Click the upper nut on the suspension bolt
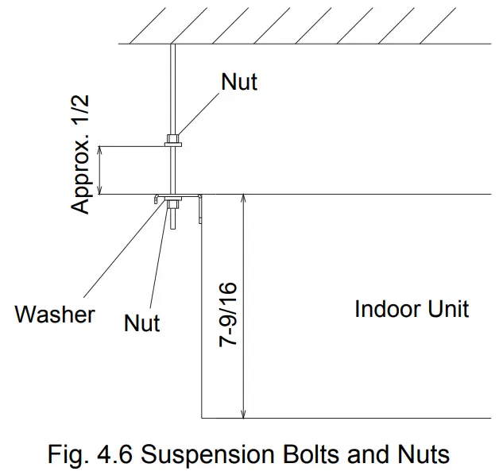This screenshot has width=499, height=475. click(172, 143)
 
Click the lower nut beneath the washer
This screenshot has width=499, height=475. click(172, 208)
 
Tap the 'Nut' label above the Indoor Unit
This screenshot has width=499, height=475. click(239, 82)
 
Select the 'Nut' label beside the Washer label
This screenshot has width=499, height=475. click(142, 322)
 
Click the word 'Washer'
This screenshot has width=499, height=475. click(55, 314)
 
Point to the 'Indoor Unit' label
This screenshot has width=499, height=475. click(412, 308)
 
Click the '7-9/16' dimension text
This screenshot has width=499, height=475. click(230, 313)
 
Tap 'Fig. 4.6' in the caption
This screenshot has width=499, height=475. click(88, 455)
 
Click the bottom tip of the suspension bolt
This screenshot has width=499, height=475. click(172, 227)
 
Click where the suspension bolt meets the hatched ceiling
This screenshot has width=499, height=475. click(172, 44)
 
